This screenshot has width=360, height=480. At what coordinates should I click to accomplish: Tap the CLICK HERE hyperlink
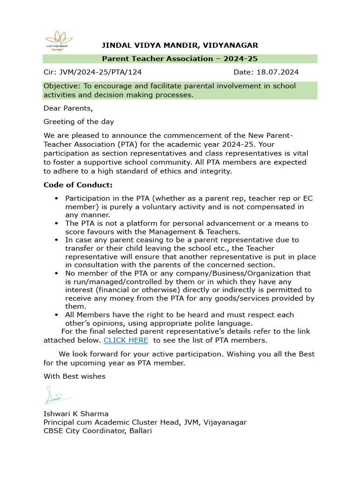point(126,340)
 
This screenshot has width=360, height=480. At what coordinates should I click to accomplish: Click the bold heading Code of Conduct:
point(78,185)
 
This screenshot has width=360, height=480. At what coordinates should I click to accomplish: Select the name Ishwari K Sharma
point(76,413)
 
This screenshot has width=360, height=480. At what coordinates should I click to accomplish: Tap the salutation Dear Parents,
point(68,108)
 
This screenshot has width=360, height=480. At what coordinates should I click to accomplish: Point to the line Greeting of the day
point(79,121)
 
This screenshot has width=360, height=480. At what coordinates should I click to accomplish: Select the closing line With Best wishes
point(75,376)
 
